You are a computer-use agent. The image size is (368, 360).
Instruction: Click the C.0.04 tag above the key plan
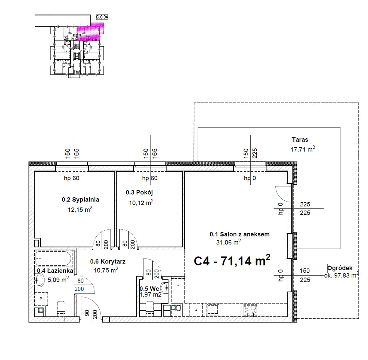pyautogui.click(x=102, y=17)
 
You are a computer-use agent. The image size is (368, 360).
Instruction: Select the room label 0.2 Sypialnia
pyautogui.click(x=80, y=200)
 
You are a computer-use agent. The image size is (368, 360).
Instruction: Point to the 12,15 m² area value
pyautogui.click(x=80, y=209)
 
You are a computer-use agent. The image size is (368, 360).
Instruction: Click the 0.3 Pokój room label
pyautogui.click(x=139, y=193)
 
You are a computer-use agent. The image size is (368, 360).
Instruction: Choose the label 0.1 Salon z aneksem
pyautogui.click(x=240, y=234)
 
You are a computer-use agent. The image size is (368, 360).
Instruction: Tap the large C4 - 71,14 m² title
pyautogui.click(x=232, y=261)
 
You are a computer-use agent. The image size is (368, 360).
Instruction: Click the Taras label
pyautogui.click(x=300, y=140)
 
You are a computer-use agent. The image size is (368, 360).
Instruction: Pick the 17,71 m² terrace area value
pyautogui.click(x=303, y=149)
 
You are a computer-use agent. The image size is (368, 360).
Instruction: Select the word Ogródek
pyautogui.click(x=340, y=268)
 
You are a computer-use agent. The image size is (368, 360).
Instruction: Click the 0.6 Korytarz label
pyautogui.click(x=108, y=262)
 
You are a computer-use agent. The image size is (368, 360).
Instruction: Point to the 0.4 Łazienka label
pyautogui.click(x=55, y=271)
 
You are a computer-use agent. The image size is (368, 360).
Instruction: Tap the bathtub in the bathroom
pyautogui.click(x=54, y=259)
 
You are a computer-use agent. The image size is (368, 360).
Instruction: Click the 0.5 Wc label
pyautogui.click(x=149, y=289)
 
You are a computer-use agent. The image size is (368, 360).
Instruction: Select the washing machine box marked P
pyautogui.click(x=41, y=299)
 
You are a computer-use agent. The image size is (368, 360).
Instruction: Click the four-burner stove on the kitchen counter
pyautogui.click(x=250, y=310)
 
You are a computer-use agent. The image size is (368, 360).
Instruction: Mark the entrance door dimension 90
pyautogui.click(x=87, y=313)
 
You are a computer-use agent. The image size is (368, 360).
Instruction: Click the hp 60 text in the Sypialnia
pyautogui.click(x=71, y=178)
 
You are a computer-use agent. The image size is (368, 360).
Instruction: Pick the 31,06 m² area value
pyautogui.click(x=228, y=242)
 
